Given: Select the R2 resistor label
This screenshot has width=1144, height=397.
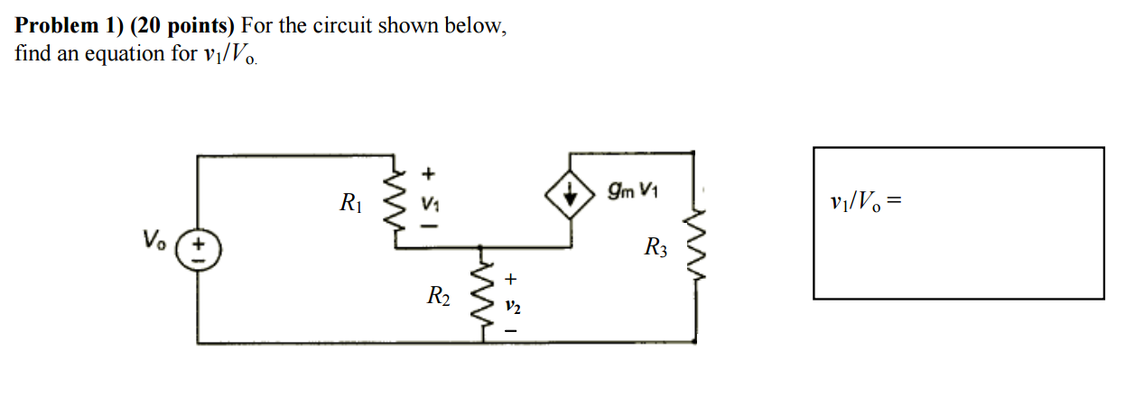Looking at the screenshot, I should pos(439,294).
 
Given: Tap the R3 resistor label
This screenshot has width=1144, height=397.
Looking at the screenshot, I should pos(656,246).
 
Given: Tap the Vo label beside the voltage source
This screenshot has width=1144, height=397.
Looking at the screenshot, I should pos(153,240).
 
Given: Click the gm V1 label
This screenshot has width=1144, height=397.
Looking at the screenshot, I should pos(633,190).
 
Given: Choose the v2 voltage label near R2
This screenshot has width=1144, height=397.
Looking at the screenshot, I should pos(512,308).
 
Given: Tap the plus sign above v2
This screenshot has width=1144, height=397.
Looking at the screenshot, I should pos(511,280).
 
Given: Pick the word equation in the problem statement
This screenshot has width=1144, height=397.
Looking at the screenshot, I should pos(127,54).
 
